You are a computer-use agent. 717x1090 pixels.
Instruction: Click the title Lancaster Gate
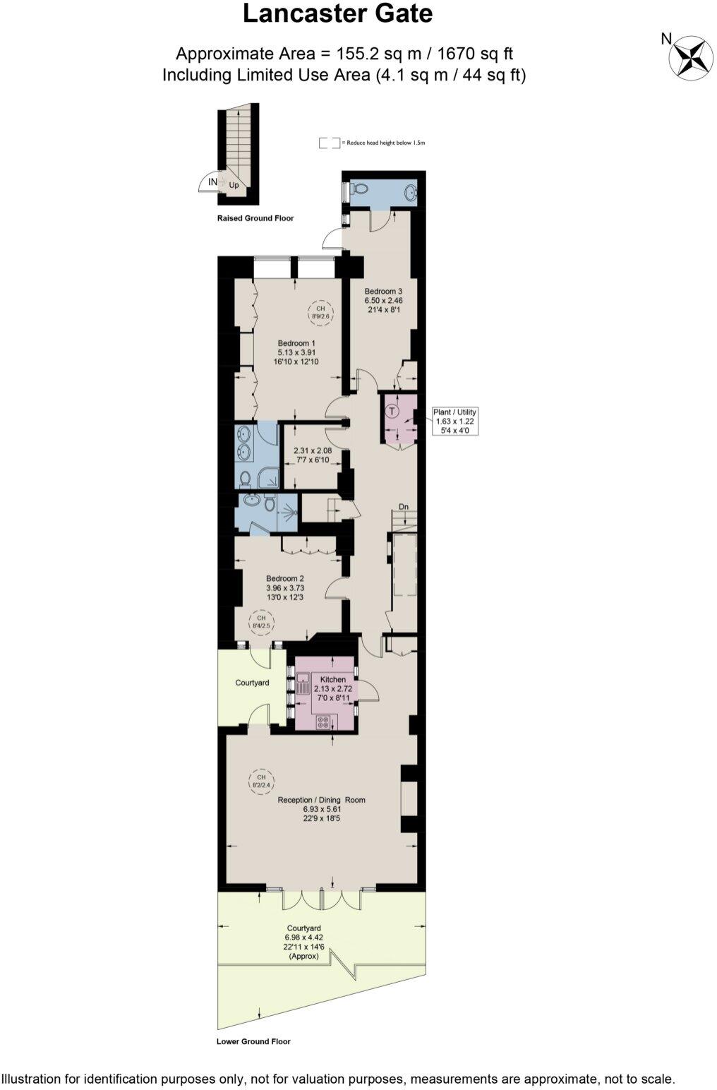click(x=337, y=14)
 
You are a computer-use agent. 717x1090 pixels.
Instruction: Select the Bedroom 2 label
click(x=285, y=578)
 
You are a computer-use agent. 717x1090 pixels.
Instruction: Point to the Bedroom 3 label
click(x=383, y=291)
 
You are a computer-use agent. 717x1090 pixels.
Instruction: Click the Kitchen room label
click(x=333, y=679)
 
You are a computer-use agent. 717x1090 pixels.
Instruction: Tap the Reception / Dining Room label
click(x=322, y=800)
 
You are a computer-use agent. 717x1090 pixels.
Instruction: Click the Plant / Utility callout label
click(x=455, y=412)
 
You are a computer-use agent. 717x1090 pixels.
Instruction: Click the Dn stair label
click(x=404, y=507)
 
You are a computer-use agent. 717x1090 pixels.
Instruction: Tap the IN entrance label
click(x=212, y=182)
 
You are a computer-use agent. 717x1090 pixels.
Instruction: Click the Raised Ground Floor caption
click(x=255, y=218)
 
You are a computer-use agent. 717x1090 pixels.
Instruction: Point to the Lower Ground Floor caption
click(x=253, y=1041)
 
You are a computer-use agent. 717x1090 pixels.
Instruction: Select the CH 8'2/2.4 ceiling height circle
click(x=261, y=780)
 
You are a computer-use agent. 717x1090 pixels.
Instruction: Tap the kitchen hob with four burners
click(x=324, y=721)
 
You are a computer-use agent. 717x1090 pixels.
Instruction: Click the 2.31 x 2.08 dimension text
click(x=313, y=450)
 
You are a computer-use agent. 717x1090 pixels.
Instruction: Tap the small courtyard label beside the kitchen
click(x=252, y=683)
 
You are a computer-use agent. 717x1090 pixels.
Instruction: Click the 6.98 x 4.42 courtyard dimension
click(x=304, y=938)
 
